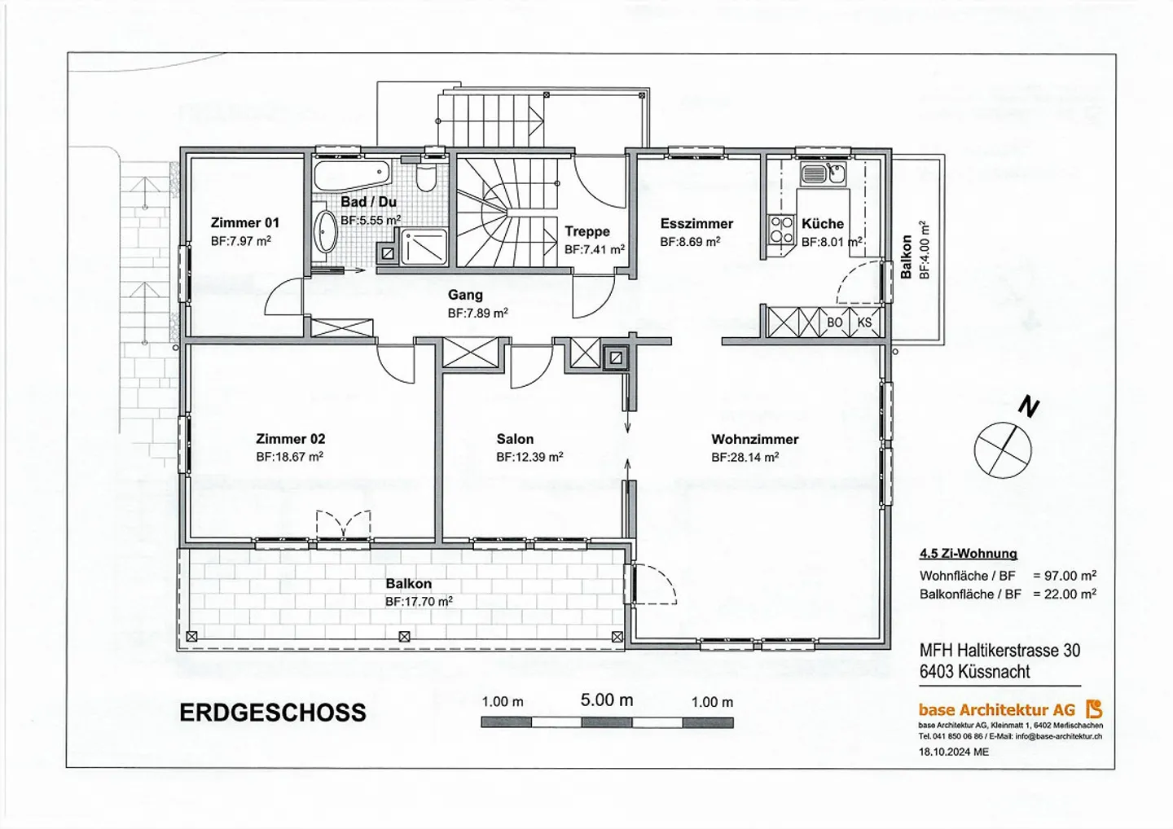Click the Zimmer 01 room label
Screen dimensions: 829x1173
[x=244, y=222]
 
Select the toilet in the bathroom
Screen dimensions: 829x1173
[x=425, y=176]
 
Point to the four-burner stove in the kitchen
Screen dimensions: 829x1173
[x=781, y=229]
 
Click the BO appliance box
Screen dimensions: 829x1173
[x=834, y=322]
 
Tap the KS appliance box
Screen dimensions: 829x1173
[x=864, y=322]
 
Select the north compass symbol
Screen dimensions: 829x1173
[x=1004, y=449]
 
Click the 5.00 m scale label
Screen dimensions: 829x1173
[x=607, y=700]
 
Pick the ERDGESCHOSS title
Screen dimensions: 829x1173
[x=272, y=713]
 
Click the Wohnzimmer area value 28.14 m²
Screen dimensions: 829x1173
[x=745, y=458]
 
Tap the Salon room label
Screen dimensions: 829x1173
[x=515, y=439]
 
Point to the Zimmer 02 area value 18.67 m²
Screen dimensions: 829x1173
[x=289, y=458]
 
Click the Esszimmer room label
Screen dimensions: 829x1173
[x=696, y=223]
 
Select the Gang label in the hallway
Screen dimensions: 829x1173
[x=465, y=295]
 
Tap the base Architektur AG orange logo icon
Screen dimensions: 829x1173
[x=1094, y=709]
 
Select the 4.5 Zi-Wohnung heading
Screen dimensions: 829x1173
[x=968, y=554]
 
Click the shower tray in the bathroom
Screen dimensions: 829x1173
[x=424, y=247]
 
